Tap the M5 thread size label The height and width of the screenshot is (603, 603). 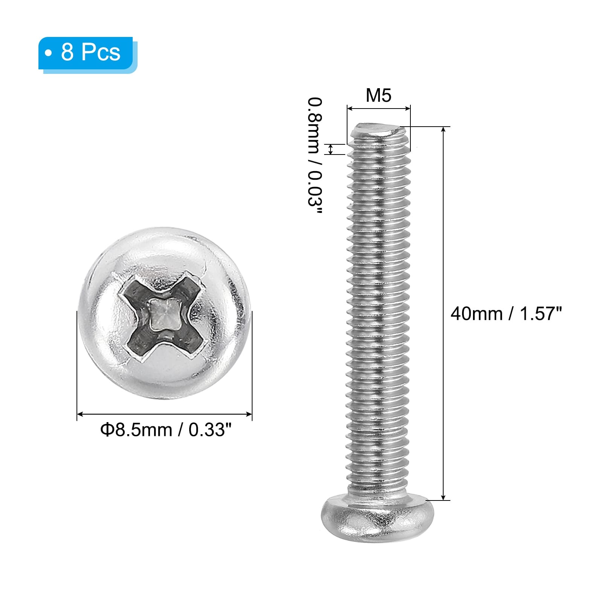pyautogui.click(x=378, y=95)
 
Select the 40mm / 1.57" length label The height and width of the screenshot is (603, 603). pyautogui.click(x=506, y=314)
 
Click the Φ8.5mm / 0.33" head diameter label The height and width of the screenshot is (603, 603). pyautogui.click(x=165, y=430)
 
